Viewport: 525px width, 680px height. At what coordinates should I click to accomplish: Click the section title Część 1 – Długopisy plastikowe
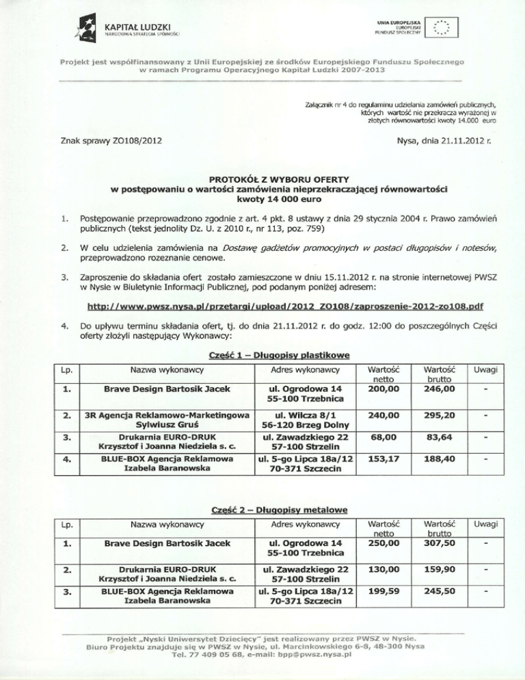point(262,354)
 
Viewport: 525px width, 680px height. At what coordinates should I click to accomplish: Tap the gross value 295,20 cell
point(440,417)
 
